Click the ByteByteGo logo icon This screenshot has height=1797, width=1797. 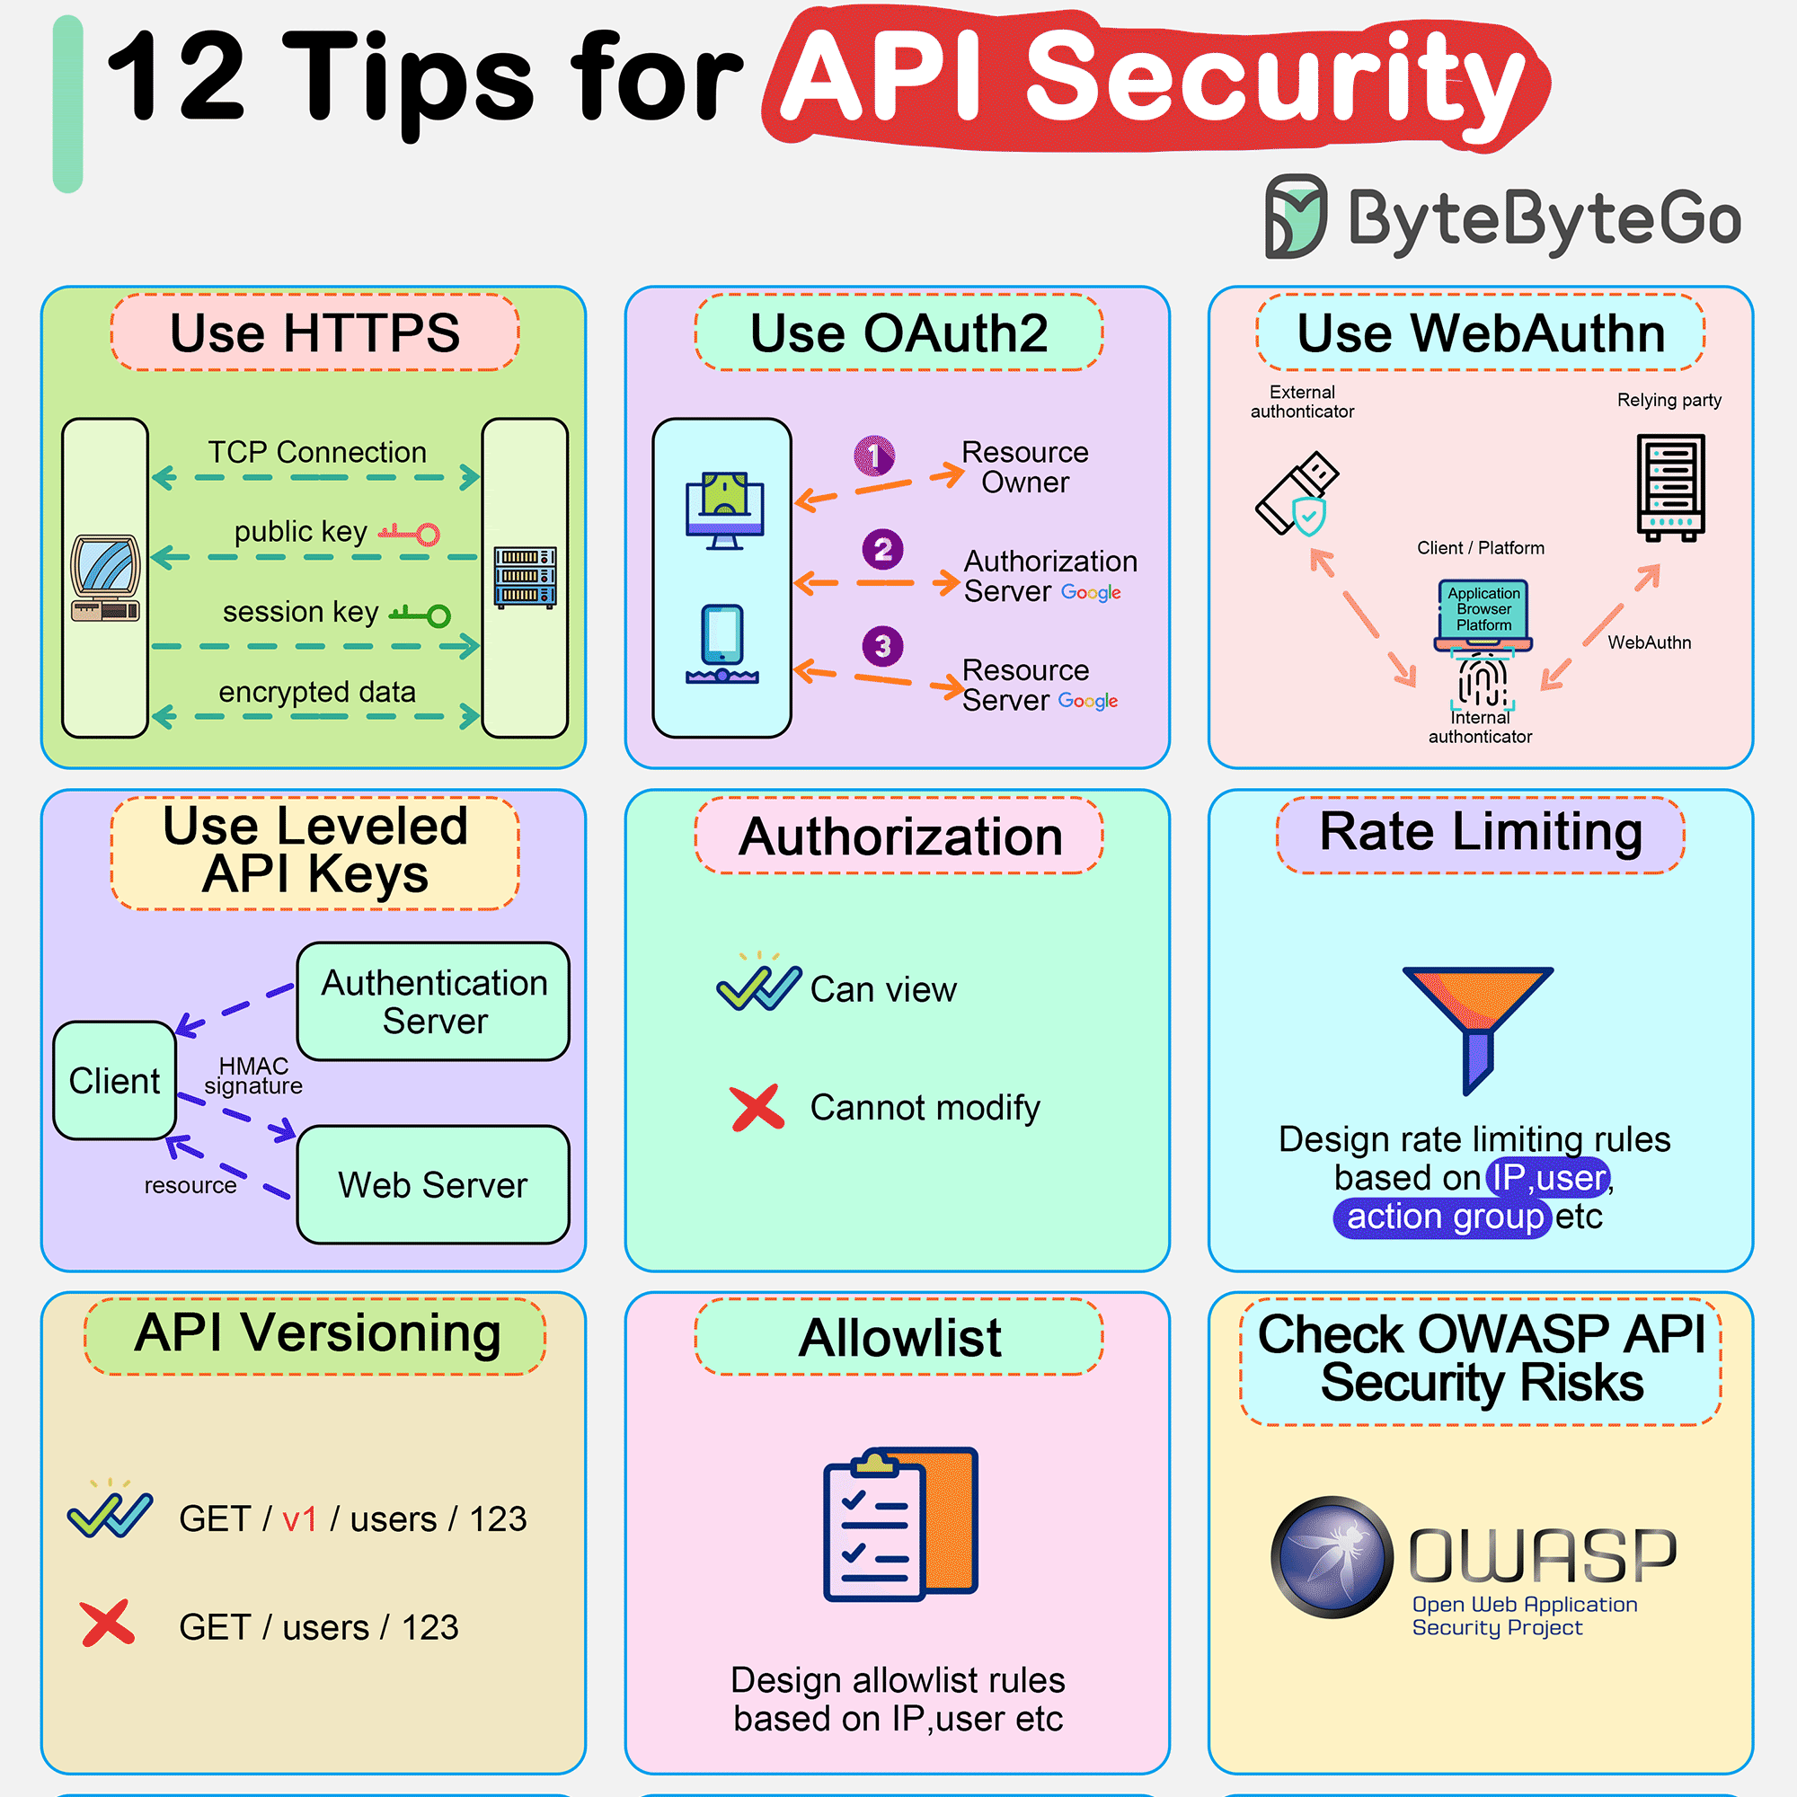(1296, 216)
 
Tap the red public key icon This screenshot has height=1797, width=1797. (409, 533)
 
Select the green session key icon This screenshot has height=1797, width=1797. (420, 614)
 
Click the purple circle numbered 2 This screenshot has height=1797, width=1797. (882, 549)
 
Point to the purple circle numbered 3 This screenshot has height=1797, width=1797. (882, 645)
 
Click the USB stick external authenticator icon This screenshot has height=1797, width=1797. (1297, 493)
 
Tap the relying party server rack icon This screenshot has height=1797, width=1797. (1670, 487)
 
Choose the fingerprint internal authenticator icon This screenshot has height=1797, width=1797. (1482, 680)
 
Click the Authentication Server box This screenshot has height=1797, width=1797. (433, 1001)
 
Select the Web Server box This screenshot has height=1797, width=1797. (433, 1184)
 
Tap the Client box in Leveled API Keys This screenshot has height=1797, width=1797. (114, 1080)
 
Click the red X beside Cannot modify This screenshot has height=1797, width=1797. (757, 1108)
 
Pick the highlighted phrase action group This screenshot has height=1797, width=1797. (1445, 1217)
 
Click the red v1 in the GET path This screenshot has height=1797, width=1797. (299, 1518)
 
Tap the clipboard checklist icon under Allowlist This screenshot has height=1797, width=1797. (900, 1524)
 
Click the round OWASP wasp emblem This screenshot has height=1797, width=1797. (1332, 1557)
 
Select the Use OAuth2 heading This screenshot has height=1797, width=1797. (898, 332)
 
